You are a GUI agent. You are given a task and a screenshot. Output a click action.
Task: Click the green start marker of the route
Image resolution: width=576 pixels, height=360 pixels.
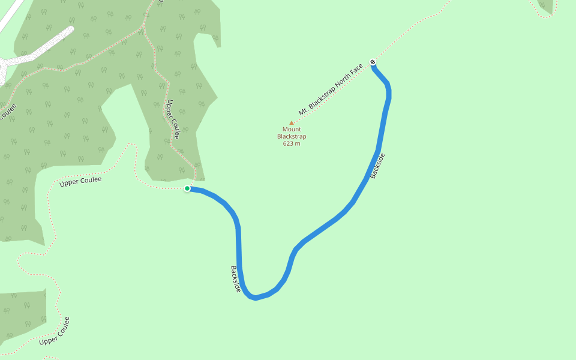pyautogui.click(x=187, y=188)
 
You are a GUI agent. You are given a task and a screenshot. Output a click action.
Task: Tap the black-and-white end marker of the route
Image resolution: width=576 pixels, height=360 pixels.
pyautogui.click(x=373, y=62)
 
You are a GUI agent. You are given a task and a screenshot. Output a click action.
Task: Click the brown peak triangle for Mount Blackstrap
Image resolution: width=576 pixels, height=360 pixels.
pyautogui.click(x=292, y=123)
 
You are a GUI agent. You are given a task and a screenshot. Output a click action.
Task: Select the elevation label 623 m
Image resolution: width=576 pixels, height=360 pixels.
pyautogui.click(x=292, y=143)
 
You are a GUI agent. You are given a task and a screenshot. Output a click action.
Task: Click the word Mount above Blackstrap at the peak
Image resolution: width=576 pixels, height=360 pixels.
pyautogui.click(x=292, y=130)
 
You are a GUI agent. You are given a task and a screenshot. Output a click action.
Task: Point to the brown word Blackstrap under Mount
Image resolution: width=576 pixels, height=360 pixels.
pyautogui.click(x=292, y=136)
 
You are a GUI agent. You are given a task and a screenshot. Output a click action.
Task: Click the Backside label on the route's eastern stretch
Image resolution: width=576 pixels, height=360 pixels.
pyautogui.click(x=377, y=166)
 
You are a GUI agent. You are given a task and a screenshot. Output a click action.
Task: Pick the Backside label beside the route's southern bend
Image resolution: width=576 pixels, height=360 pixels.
pyautogui.click(x=236, y=279)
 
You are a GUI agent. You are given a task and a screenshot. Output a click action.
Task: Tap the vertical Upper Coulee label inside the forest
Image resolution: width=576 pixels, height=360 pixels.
pyautogui.click(x=173, y=119)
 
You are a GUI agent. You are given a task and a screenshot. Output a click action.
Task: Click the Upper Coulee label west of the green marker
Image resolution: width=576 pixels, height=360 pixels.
pyautogui.click(x=80, y=181)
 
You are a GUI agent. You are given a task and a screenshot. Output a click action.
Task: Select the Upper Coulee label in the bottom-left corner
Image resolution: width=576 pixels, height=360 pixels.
pyautogui.click(x=55, y=331)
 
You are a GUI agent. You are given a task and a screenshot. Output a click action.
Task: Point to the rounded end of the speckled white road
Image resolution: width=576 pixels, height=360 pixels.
pyautogui.click(x=70, y=29)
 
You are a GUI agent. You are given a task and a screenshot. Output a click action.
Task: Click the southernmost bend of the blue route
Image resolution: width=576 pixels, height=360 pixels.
pyautogui.click(x=256, y=297)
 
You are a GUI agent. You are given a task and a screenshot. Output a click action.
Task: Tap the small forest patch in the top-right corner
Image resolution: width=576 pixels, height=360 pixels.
pyautogui.click(x=547, y=6)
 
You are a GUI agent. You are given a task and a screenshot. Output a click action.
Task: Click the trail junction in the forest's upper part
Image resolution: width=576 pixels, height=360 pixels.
pyautogui.click(x=145, y=26)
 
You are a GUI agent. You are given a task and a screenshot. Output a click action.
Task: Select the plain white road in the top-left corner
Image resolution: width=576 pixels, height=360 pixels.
pyautogui.click(x=11, y=15)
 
